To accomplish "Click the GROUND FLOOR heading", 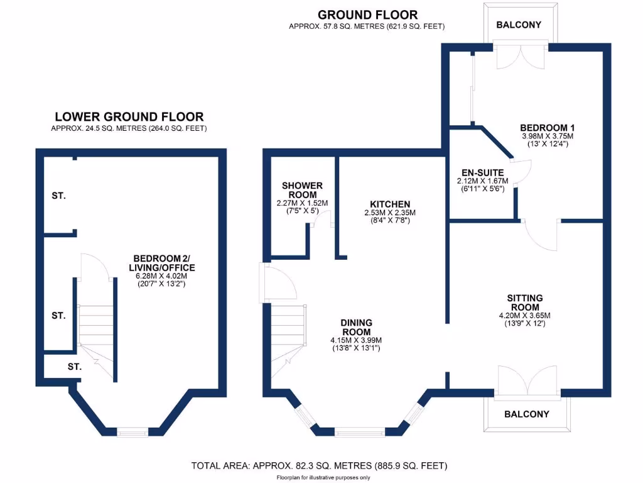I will (367, 14).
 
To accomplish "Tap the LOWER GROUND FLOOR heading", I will (129, 116).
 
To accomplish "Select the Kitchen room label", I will (390, 204).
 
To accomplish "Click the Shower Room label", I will (302, 190).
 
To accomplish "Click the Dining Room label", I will (356, 327).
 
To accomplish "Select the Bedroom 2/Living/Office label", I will (160, 262).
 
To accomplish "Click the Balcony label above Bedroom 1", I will (518, 25).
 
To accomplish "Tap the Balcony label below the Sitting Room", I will (527, 414).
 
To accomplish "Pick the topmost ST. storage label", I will (58, 196).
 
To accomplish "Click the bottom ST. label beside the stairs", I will (74, 365).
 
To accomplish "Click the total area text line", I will (319, 466).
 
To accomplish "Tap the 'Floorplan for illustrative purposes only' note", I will (323, 477).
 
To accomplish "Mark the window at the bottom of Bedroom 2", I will (132, 431).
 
